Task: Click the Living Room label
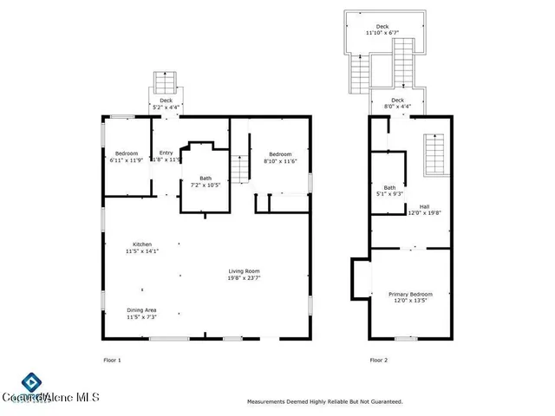(245, 274)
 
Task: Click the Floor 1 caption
(112, 360)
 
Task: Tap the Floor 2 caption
(379, 360)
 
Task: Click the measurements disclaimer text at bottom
(324, 401)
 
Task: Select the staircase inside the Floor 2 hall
(435, 155)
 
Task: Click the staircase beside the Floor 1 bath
(239, 166)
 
